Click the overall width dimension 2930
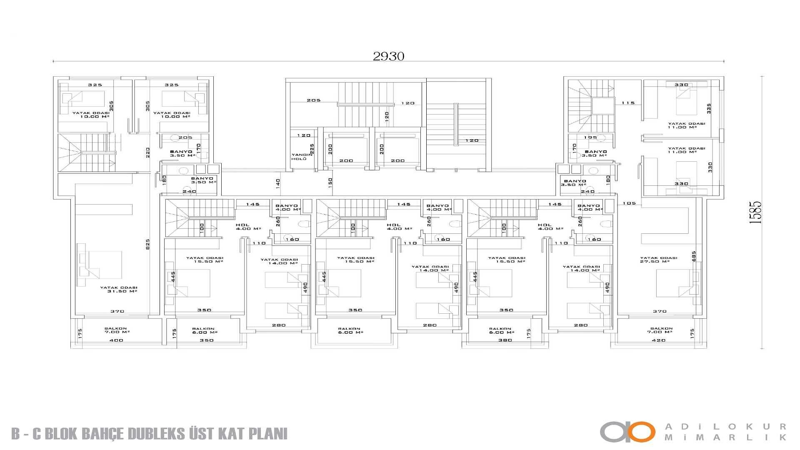point(388,56)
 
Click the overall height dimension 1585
point(755,212)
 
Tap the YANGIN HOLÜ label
point(299,157)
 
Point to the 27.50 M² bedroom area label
point(658,260)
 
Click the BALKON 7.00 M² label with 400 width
point(116,330)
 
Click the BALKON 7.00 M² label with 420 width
point(661,330)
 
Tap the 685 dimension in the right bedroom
point(694,256)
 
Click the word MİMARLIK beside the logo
point(725,437)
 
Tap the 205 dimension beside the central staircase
point(313,100)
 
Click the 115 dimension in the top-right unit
point(628,103)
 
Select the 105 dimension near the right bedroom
point(629,203)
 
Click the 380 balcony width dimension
point(505,340)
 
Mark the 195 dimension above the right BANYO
point(590,137)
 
